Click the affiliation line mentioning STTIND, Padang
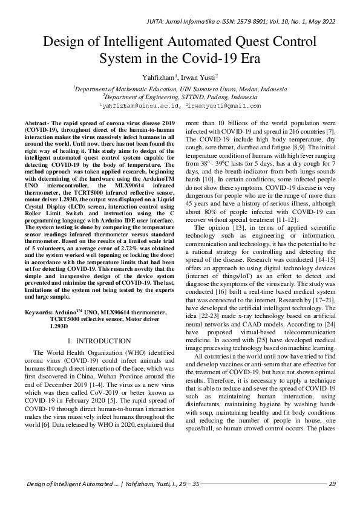[x=180, y=96]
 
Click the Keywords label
[x=40, y=312]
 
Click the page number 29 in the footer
[x=332, y=484]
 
